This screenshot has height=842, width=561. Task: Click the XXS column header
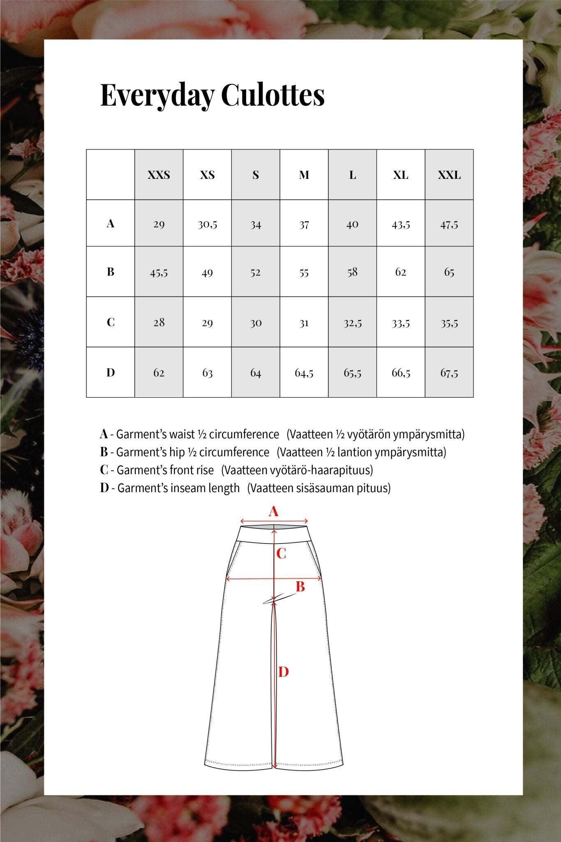click(159, 175)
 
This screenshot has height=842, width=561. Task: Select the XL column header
click(401, 175)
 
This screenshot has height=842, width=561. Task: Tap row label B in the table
click(110, 272)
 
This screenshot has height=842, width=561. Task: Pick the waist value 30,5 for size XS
click(207, 224)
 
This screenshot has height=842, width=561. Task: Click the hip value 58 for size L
click(352, 272)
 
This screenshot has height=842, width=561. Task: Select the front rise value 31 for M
click(304, 323)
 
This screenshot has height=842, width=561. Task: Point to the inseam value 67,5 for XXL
click(449, 373)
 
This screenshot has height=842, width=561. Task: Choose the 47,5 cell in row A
click(449, 224)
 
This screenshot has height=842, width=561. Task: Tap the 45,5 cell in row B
click(159, 272)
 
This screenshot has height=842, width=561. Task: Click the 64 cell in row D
click(256, 373)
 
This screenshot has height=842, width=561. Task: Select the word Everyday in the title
click(157, 95)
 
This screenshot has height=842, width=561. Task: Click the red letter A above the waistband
click(273, 512)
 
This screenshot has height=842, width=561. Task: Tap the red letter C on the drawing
click(281, 554)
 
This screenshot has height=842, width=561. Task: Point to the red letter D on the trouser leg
click(284, 672)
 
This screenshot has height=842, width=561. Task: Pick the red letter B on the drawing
click(300, 587)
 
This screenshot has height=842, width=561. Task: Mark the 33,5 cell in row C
click(401, 323)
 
